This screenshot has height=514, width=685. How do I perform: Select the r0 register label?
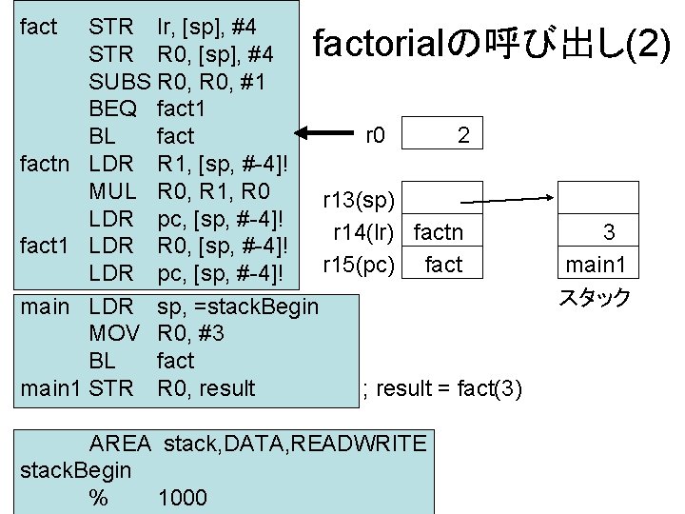[x=375, y=135]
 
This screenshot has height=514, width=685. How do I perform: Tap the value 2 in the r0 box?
[x=462, y=135]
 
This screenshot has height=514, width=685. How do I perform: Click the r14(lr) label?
[x=363, y=232]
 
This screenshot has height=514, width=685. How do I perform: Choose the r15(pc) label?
[x=359, y=264]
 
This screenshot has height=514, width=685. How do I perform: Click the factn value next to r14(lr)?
[x=439, y=232]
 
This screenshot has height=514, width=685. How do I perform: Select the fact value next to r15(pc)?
[x=443, y=264]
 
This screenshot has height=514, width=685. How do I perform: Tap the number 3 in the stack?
[x=609, y=231]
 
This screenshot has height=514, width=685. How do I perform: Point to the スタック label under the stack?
[x=594, y=298]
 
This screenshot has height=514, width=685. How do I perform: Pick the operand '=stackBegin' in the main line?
[x=258, y=308]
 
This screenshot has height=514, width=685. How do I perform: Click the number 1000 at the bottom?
[x=183, y=498]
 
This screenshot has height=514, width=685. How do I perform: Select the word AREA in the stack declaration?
[x=120, y=444]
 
